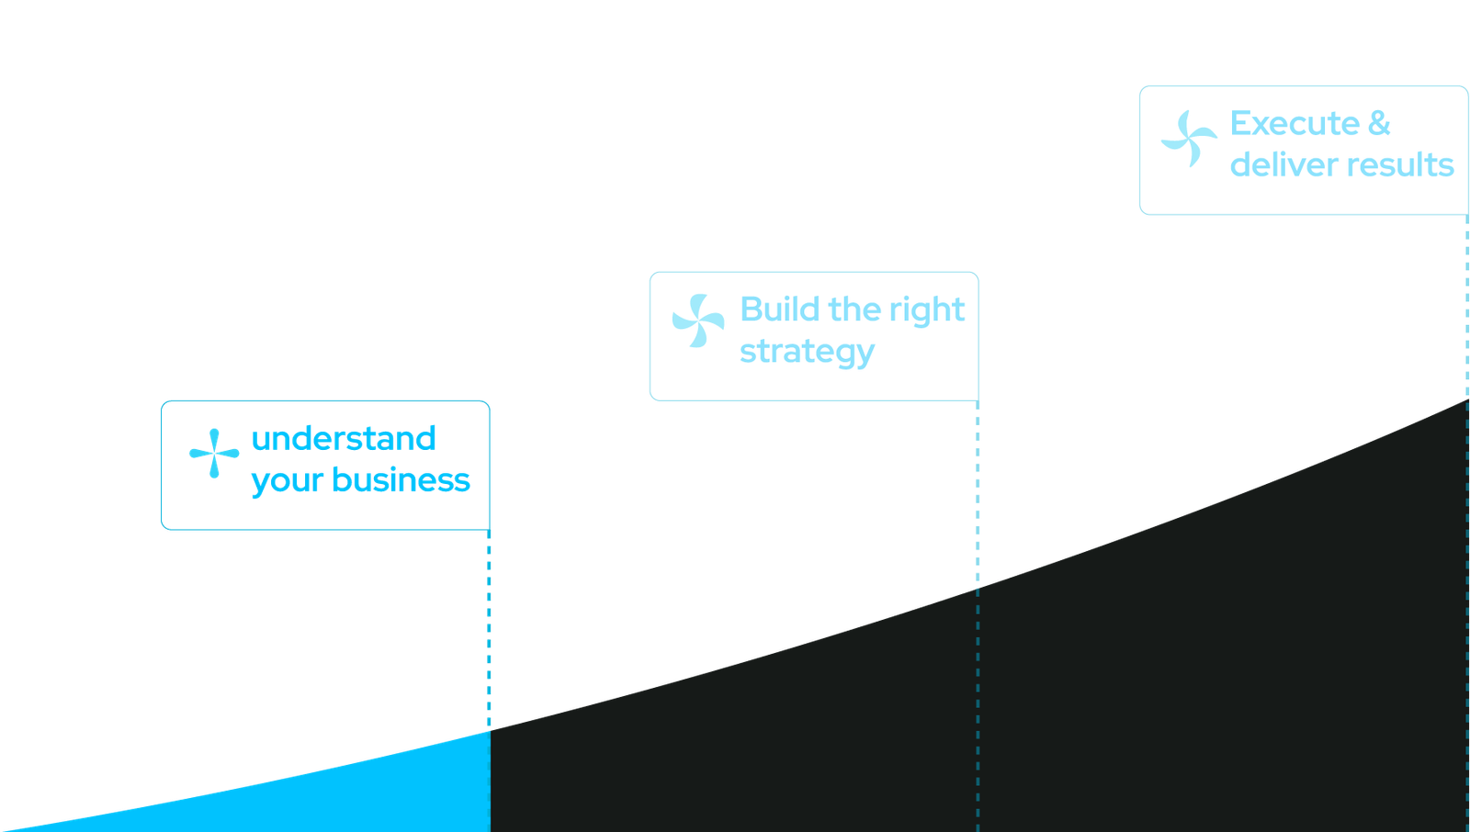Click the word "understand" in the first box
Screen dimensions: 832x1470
(343, 439)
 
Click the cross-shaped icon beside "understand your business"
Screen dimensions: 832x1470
(214, 453)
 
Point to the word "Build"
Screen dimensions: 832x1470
(779, 309)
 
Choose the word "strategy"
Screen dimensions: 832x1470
(807, 353)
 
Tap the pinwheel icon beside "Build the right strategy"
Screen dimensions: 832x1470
(698, 320)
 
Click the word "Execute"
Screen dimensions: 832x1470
(1295, 123)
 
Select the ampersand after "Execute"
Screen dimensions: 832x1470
(1379, 123)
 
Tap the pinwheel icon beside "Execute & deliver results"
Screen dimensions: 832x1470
(1189, 140)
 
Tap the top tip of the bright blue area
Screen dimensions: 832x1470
(488, 733)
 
